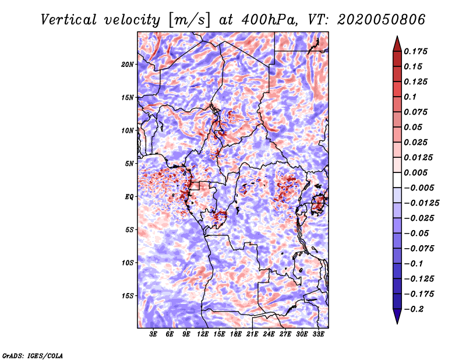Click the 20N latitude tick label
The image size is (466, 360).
(x=128, y=64)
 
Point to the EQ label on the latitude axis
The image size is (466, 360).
(x=129, y=197)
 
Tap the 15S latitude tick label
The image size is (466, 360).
(x=128, y=296)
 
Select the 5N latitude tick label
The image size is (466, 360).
(x=129, y=164)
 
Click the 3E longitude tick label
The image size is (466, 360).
(x=153, y=335)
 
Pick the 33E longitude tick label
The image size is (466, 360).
(x=319, y=335)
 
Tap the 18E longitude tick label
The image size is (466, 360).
(x=236, y=335)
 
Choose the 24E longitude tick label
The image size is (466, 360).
(x=269, y=335)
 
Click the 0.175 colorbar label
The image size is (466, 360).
(x=416, y=51)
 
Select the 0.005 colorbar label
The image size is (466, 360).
(x=416, y=172)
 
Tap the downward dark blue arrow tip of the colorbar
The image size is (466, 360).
(x=397, y=322)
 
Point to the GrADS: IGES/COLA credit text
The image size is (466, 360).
(x=32, y=355)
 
